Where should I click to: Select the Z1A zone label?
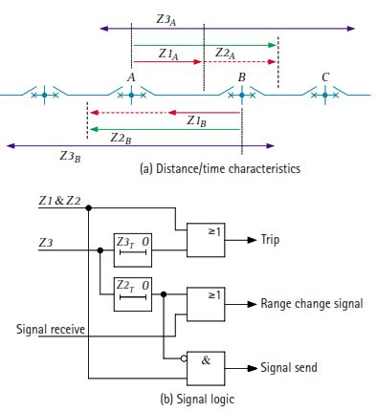tap(167, 53)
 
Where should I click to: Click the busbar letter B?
tap(242, 76)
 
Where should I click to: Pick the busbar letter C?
tap(326, 76)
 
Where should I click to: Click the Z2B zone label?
tap(121, 139)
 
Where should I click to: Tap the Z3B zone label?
tap(69, 157)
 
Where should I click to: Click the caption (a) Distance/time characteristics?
tap(221, 169)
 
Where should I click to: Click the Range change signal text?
tap(312, 304)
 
